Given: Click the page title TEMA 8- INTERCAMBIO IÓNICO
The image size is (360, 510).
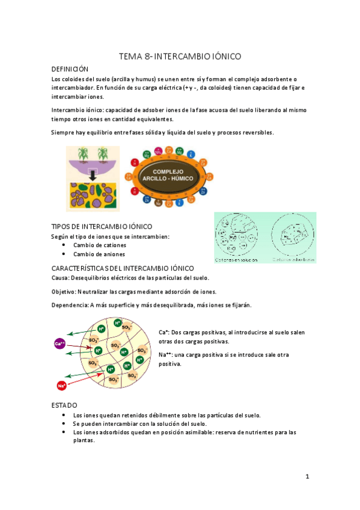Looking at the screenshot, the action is coord(180,57).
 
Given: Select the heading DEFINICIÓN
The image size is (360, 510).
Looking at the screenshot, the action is coord(70,70).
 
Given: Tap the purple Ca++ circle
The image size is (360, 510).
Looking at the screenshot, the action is coord(59,343).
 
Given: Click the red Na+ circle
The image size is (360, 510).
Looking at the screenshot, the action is coord(61,386).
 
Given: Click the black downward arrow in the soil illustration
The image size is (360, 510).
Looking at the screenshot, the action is coord(93,175).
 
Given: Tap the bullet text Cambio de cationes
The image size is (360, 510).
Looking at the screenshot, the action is coord(99,245).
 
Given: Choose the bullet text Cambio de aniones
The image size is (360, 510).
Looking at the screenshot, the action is coord(99,254).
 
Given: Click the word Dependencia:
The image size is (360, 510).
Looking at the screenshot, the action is coord(70,306).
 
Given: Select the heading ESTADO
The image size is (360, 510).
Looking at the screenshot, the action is coord(64,405).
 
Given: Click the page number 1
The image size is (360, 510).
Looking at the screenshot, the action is coord(307,477).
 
